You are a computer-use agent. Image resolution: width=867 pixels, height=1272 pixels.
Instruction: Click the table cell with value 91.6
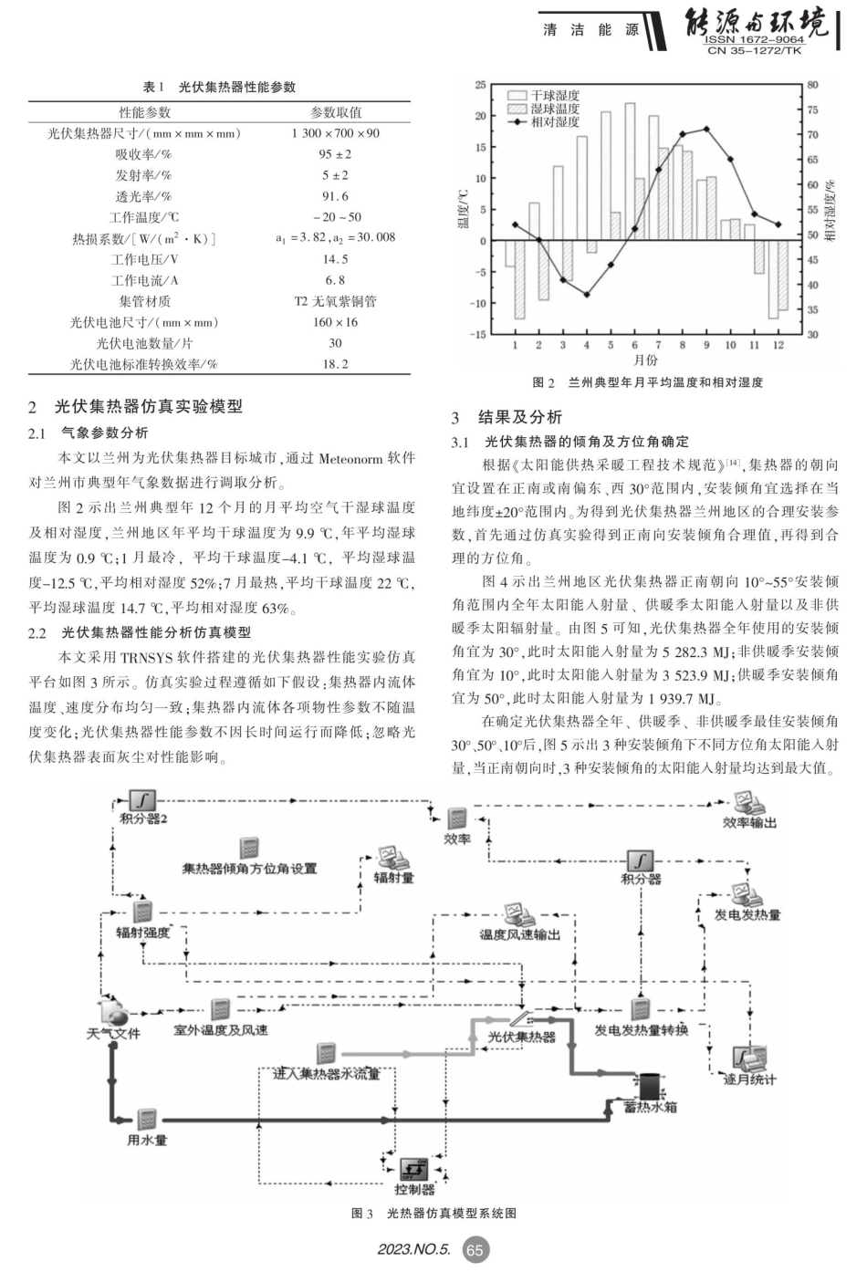click(x=335, y=196)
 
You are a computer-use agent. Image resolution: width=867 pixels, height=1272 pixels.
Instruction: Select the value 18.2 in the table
click(x=335, y=364)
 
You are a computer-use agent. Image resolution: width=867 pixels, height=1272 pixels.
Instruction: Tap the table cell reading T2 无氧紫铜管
click(x=335, y=301)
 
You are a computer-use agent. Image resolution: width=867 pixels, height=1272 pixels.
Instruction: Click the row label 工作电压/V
click(x=144, y=259)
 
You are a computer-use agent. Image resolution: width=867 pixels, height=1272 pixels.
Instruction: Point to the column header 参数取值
click(x=335, y=112)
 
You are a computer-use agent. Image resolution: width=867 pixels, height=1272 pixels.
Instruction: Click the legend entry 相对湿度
click(x=555, y=121)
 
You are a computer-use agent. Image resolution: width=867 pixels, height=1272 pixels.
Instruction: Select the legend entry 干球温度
click(x=555, y=95)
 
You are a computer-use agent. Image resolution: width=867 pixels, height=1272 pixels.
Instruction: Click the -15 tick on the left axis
click(x=478, y=334)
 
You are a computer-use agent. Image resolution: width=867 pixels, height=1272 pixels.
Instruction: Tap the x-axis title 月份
click(x=645, y=360)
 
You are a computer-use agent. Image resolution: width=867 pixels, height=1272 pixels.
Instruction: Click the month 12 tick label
click(x=778, y=345)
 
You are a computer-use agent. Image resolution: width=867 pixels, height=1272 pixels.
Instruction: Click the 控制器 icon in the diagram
click(x=414, y=1169)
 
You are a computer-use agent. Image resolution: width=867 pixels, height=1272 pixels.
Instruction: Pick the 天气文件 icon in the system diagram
click(x=114, y=1012)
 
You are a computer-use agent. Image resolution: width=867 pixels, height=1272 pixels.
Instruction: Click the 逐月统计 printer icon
click(x=749, y=1059)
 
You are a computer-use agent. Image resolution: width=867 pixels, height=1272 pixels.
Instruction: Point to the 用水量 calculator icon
click(x=147, y=1120)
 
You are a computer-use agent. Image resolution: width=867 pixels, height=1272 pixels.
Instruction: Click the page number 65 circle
click(x=475, y=1250)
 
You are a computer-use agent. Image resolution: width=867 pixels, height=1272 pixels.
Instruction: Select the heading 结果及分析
click(x=519, y=417)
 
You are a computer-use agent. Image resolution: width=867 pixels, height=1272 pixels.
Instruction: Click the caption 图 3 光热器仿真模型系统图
click(x=433, y=1214)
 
